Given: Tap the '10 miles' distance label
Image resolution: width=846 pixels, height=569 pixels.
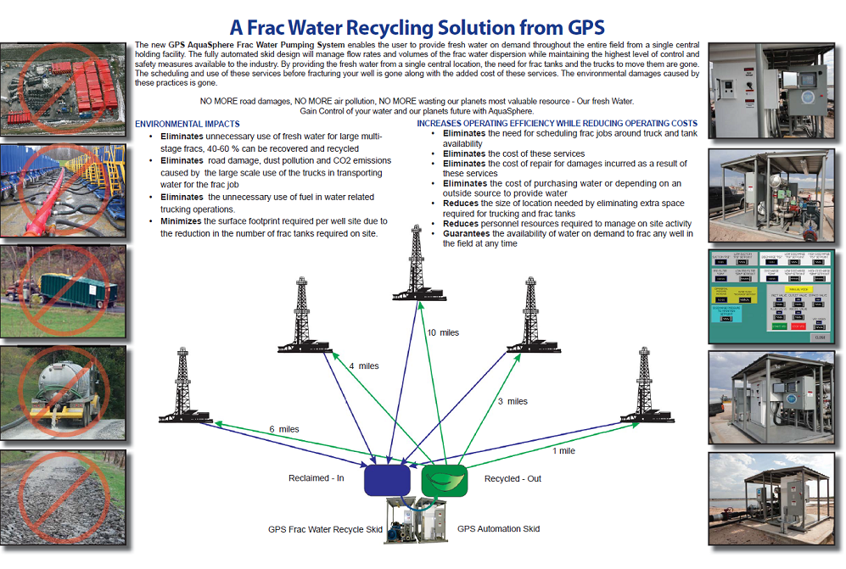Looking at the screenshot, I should pos(442,332).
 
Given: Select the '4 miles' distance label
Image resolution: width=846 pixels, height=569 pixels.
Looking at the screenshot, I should pos(364,366).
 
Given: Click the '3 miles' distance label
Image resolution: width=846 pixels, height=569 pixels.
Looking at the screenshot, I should pos(512,401).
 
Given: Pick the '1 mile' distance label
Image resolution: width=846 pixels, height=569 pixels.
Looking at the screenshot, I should pos(563,451).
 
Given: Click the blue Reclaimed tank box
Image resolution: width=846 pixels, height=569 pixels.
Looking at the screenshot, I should pos(387,479).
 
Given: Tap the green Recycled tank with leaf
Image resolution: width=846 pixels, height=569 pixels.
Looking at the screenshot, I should pos(444,479).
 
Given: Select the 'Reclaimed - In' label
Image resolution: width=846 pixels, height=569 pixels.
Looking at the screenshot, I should pos(316,479).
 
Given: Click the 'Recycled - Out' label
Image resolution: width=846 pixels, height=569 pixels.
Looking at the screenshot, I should pos(513,479).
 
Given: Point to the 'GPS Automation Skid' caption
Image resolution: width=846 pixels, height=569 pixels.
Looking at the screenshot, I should pos(498,529).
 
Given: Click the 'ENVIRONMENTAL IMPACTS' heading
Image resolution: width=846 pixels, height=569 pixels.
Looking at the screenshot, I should pos(187,124).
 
